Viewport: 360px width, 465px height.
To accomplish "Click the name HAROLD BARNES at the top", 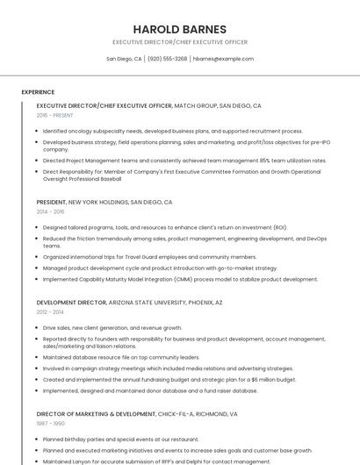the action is (x=179, y=29).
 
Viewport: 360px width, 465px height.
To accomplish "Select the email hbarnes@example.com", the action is (x=223, y=59).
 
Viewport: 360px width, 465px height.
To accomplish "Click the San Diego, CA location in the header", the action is (x=124, y=59).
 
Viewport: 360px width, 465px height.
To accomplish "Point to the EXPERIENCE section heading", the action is (x=38, y=92).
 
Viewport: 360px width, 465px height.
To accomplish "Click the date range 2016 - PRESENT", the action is (x=54, y=115).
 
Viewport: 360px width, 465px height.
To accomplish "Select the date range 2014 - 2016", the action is (x=50, y=211).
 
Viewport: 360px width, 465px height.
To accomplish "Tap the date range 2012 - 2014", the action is (x=50, y=311).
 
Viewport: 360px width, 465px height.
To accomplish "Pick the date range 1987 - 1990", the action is (x=50, y=422).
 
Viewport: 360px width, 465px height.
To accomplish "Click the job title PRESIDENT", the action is (x=51, y=202).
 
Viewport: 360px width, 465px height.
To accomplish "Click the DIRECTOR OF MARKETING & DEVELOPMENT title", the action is (x=95, y=412).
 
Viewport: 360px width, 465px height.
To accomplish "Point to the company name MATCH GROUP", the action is (x=195, y=105).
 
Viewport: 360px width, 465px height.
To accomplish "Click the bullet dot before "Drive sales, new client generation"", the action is (x=37, y=327).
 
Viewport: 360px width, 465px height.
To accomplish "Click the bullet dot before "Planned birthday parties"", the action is (x=37, y=438).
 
